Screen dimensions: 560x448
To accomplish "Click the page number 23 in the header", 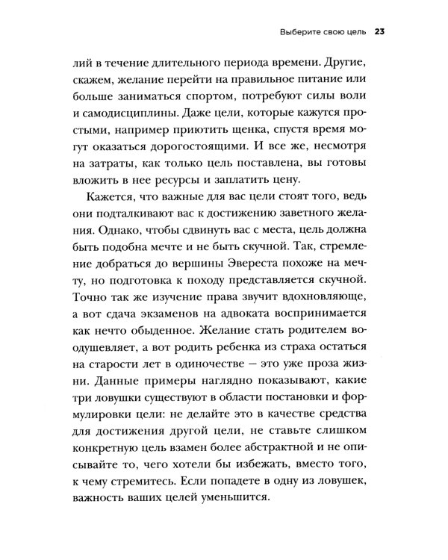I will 379,32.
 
